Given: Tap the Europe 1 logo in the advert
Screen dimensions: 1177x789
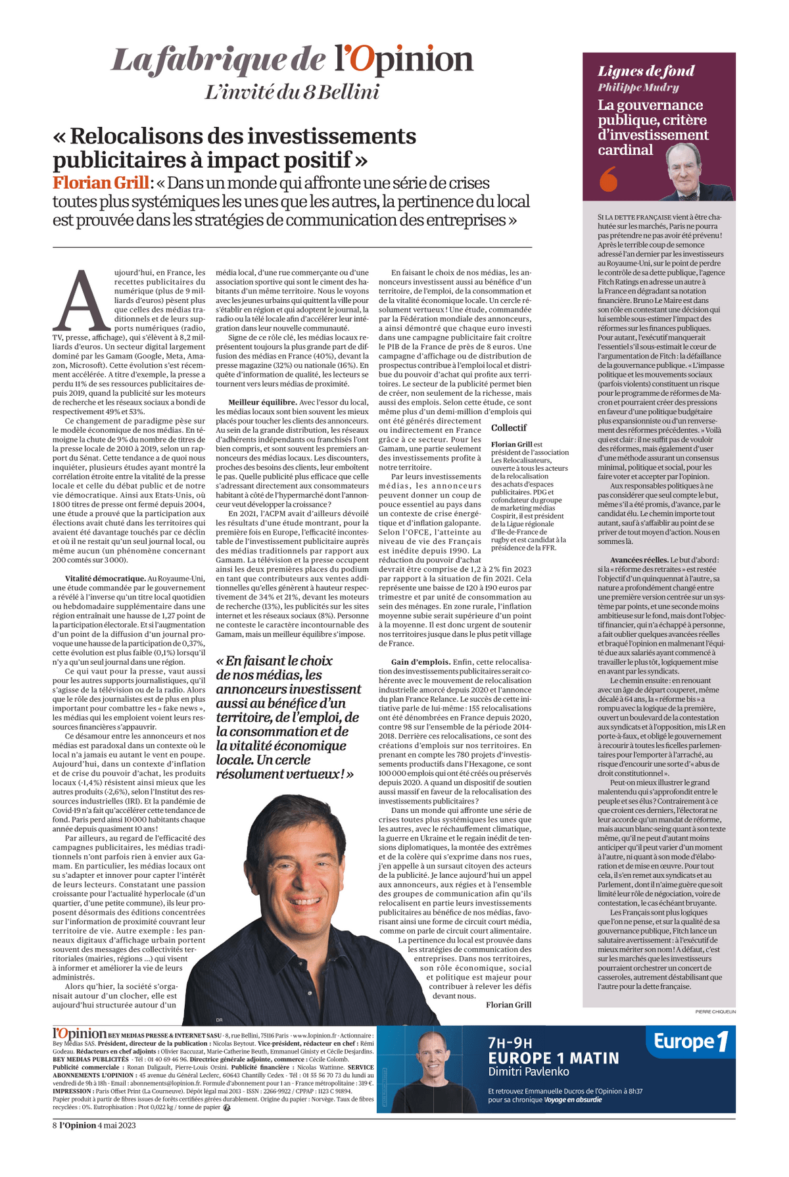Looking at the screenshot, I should coord(691,1042).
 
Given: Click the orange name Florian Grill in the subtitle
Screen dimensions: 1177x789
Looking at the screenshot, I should coord(100,182).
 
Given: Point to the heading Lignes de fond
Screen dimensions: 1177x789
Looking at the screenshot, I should coord(646,71).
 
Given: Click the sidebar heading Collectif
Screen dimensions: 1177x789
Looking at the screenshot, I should coord(509,427).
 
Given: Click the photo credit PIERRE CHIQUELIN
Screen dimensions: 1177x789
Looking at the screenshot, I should coord(715,1012).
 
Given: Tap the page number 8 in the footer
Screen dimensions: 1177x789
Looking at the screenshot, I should coord(55,1125).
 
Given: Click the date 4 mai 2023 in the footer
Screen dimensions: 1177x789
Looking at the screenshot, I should coord(117,1125).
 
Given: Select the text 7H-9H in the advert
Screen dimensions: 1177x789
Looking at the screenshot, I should coord(510,1043).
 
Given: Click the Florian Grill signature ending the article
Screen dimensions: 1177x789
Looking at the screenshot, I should coord(508,1004).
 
